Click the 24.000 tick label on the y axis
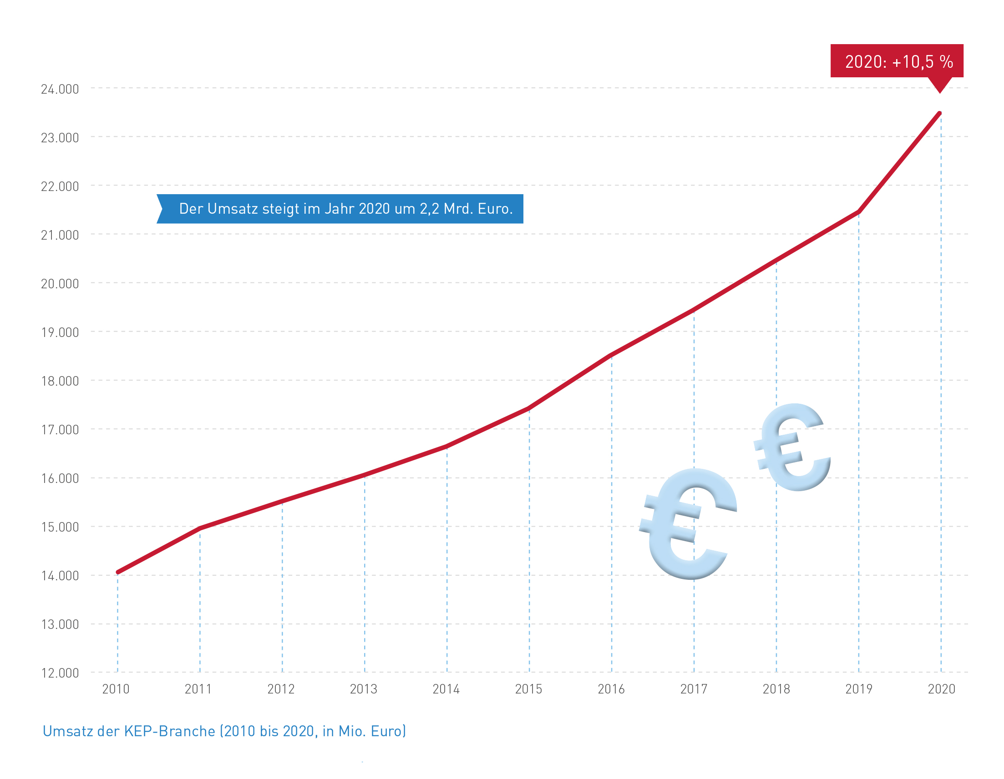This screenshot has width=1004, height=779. [x=60, y=89]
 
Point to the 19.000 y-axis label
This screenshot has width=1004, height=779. [x=60, y=332]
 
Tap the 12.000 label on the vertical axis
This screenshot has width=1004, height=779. [x=60, y=673]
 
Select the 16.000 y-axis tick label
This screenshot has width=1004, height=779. [x=60, y=478]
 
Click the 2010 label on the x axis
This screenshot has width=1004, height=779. [x=116, y=689]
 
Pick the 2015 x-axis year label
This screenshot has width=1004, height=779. [x=529, y=689]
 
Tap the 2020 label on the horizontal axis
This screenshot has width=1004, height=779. [x=942, y=689]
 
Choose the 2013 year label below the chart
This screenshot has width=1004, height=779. [x=364, y=689]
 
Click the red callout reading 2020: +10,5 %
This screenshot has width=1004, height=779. [x=897, y=61]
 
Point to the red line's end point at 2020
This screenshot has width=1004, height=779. [x=940, y=113]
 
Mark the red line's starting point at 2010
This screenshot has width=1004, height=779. [x=118, y=572]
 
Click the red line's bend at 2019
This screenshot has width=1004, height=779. [x=858, y=212]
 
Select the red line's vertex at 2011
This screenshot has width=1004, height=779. [x=200, y=528]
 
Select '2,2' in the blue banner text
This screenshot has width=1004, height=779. [x=429, y=209]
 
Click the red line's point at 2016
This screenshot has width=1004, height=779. [x=611, y=355]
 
